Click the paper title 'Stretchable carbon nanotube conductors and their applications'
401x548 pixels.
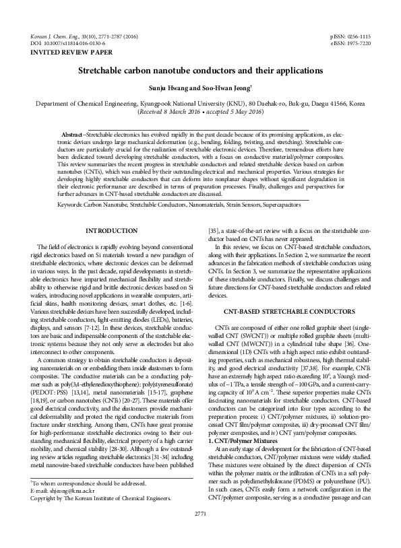[200, 70]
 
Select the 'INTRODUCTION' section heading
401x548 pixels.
[113, 231]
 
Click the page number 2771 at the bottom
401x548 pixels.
[200, 533]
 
